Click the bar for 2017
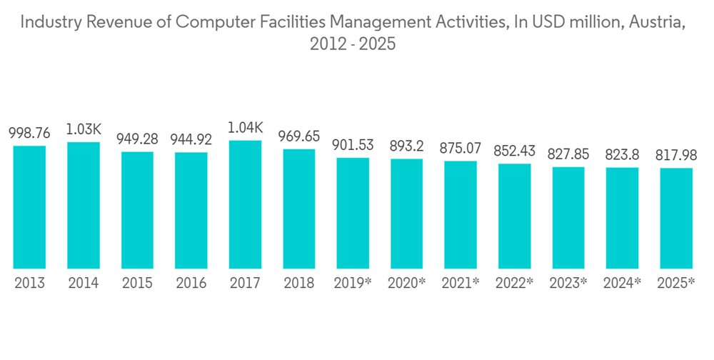tap(245, 204)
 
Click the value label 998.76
tap(29, 134)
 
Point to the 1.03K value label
tap(84, 129)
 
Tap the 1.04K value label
tap(245, 128)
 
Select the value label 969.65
tap(298, 136)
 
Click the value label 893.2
tap(406, 146)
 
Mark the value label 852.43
tap(514, 151)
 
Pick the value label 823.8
tap(622, 155)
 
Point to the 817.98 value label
tap(676, 156)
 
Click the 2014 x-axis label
tap(84, 283)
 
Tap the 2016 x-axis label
tap(191, 283)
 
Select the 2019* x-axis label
tap(353, 283)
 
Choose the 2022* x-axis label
tap(514, 283)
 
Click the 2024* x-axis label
tap(622, 283)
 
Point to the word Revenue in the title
tap(116, 23)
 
